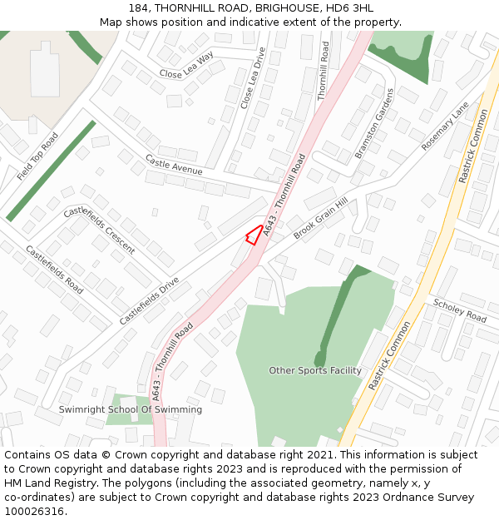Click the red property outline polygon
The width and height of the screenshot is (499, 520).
(x=253, y=235)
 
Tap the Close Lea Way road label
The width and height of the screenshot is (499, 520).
(x=186, y=65)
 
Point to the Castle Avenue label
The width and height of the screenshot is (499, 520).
(x=174, y=164)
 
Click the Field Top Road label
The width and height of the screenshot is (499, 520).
(x=37, y=156)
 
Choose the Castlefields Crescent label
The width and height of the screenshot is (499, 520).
(x=99, y=230)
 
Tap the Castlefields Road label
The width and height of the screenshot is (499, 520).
(x=54, y=270)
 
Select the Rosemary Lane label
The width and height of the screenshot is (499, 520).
(x=445, y=126)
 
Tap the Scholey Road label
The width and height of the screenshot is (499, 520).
(x=460, y=311)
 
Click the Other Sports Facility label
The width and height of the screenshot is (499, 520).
(x=315, y=370)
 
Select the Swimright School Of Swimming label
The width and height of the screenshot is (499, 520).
(x=130, y=409)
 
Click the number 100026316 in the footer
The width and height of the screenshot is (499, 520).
(x=34, y=512)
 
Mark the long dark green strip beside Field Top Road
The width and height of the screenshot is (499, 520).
(x=51, y=171)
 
